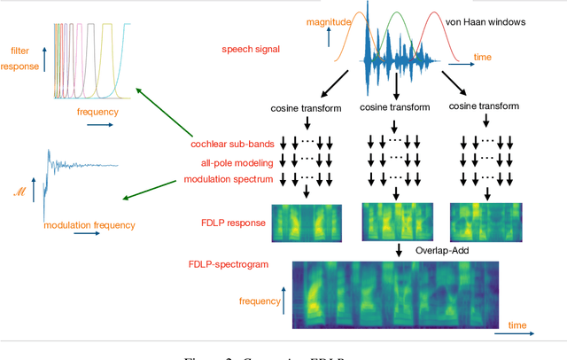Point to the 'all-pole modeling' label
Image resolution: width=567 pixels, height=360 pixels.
click(x=229, y=161)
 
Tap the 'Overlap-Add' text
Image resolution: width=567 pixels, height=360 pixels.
click(x=442, y=251)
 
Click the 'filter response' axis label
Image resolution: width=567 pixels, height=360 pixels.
click(x=19, y=58)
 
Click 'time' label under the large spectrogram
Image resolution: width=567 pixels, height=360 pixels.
click(x=518, y=325)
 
